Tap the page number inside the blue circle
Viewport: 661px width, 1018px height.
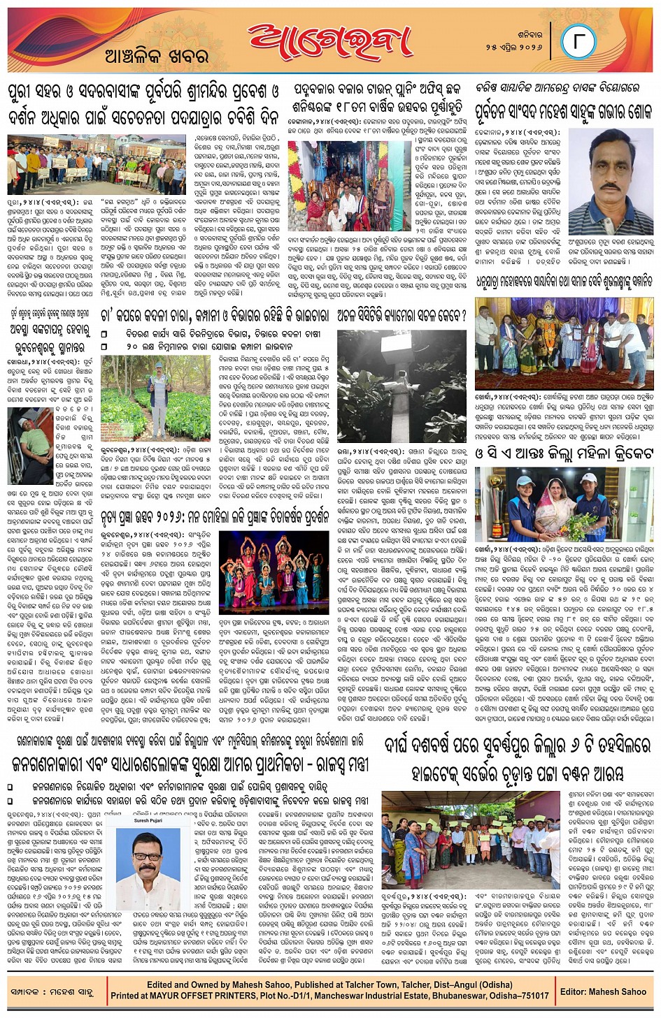pos(578,41)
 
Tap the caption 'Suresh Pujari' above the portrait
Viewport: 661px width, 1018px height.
pos(148,822)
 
